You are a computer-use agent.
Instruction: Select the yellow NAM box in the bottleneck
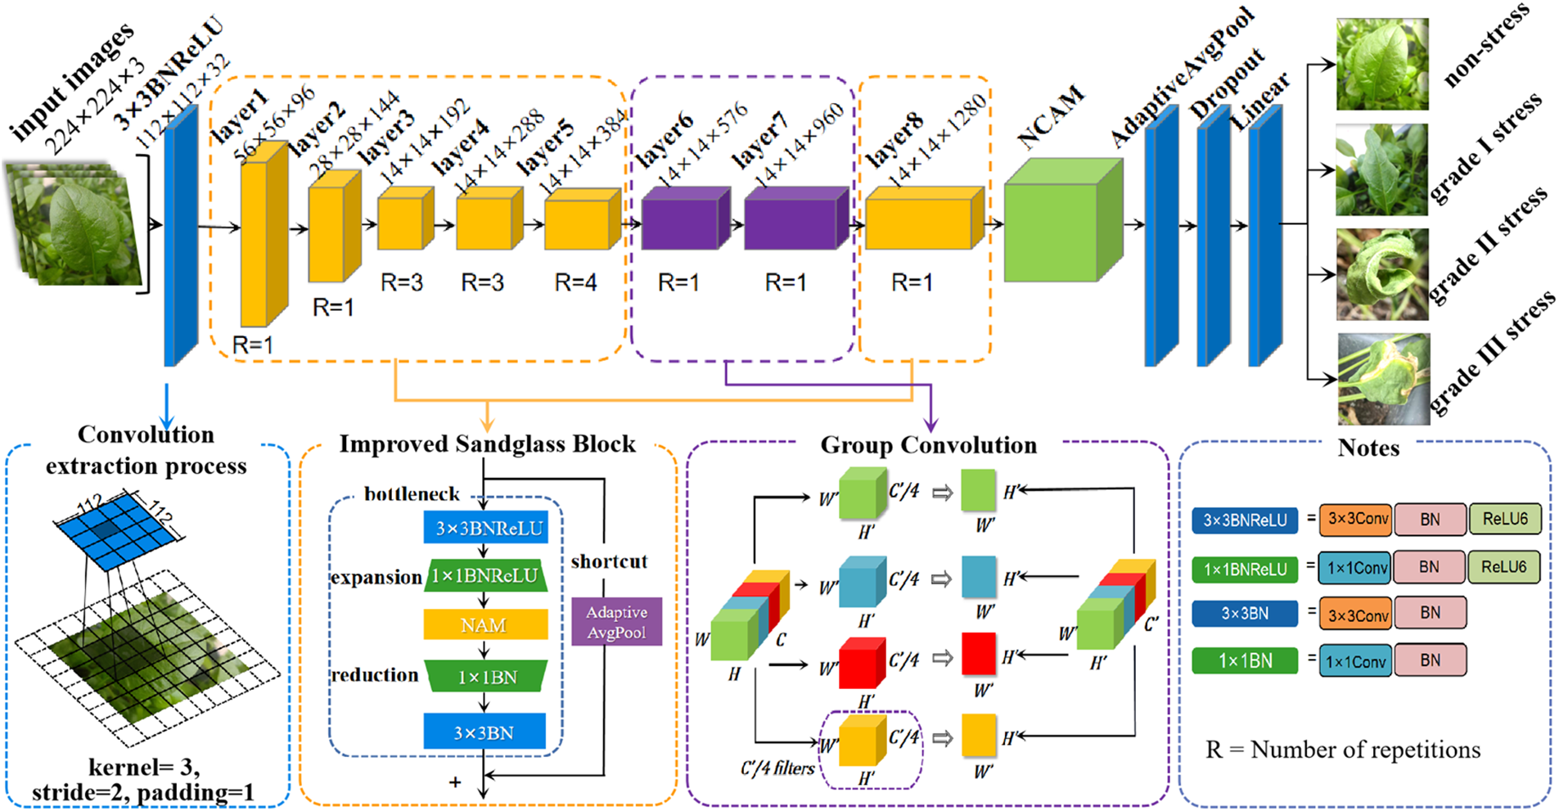point(485,625)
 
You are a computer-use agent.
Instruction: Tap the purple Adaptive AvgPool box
point(616,622)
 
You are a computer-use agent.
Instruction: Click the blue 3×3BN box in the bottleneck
point(484,732)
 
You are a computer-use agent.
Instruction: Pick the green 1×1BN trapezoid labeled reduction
point(486,677)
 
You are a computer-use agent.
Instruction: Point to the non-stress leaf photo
point(1382,65)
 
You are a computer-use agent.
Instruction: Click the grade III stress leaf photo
point(1383,378)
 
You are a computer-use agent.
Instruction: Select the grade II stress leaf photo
point(1382,274)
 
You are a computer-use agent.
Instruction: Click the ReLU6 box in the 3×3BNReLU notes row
point(1505,519)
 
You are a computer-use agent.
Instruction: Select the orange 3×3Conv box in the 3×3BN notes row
point(1356,613)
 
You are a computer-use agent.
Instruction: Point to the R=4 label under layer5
point(576,283)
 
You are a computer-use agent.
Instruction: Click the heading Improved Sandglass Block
point(487,444)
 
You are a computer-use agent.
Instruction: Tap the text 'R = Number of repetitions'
point(1342,750)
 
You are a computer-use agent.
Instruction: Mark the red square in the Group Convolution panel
point(979,654)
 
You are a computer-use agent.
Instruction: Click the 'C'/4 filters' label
point(777,768)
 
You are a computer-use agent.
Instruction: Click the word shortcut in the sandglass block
point(609,561)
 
